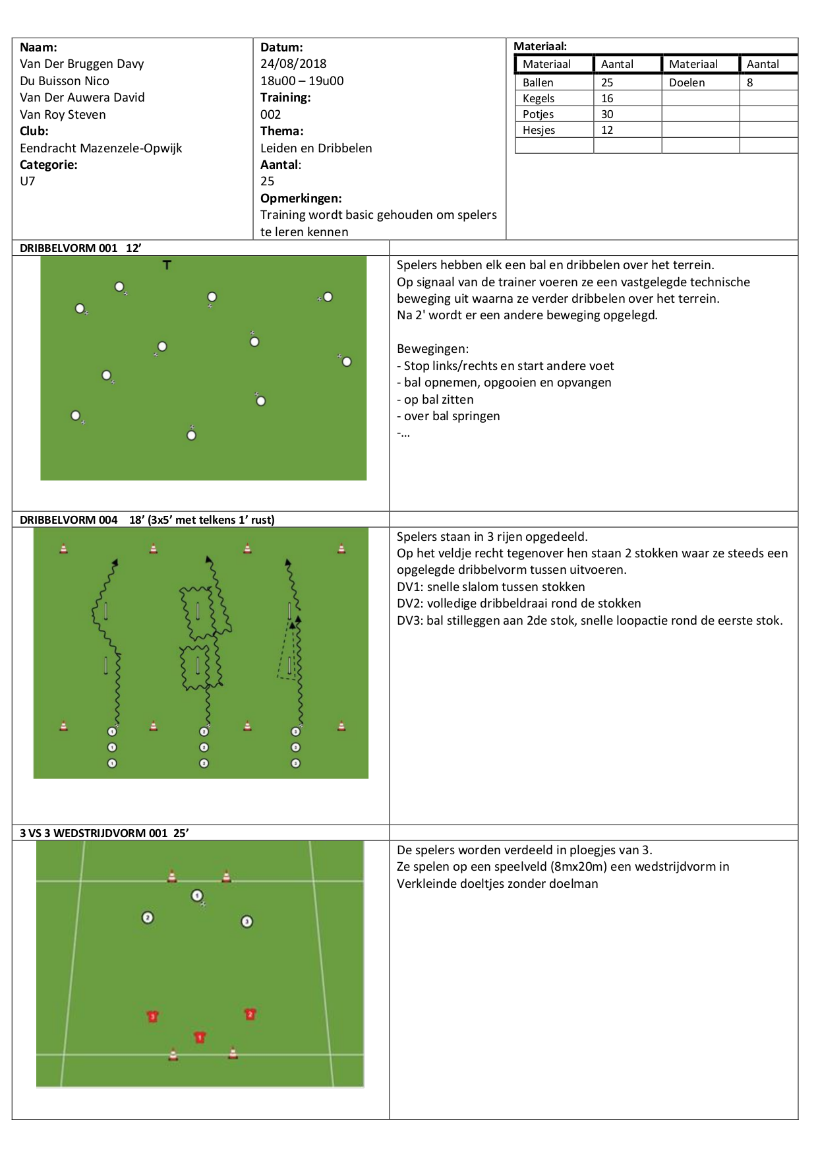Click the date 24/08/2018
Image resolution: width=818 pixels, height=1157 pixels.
pyautogui.click(x=293, y=64)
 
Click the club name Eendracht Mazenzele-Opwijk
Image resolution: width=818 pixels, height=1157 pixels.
pyautogui.click(x=101, y=148)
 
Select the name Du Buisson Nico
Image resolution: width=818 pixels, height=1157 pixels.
pyautogui.click(x=65, y=81)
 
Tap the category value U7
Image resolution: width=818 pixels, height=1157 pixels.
pyautogui.click(x=28, y=181)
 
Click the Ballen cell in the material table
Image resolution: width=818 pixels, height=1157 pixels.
pyautogui.click(x=538, y=82)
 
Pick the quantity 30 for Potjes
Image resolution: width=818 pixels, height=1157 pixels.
pyautogui.click(x=607, y=114)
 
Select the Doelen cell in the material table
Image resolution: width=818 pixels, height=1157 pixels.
pyautogui.click(x=687, y=82)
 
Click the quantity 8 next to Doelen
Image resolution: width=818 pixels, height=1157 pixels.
pyautogui.click(x=750, y=82)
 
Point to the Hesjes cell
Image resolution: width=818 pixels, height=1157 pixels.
pyautogui.click(x=539, y=130)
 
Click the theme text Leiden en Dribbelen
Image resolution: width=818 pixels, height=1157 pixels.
pyautogui.click(x=316, y=148)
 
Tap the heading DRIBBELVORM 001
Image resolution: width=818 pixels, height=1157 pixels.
pyautogui.click(x=69, y=248)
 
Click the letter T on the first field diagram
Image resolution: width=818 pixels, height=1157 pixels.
pyautogui.click(x=167, y=265)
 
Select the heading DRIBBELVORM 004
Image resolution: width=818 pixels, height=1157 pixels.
pyautogui.click(x=69, y=520)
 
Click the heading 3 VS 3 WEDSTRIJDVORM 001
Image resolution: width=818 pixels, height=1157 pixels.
pyautogui.click(x=94, y=833)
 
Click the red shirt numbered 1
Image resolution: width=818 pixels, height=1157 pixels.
pyautogui.click(x=200, y=1038)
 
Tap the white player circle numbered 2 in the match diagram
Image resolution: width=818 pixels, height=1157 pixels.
pyautogui.click(x=148, y=918)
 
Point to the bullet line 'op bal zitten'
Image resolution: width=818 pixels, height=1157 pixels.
pyautogui.click(x=435, y=400)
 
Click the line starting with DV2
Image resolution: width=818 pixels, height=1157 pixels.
pyautogui.click(x=519, y=604)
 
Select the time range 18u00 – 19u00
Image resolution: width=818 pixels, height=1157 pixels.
pyautogui.click(x=302, y=81)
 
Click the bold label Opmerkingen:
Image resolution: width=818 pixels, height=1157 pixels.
pyautogui.click(x=301, y=199)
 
